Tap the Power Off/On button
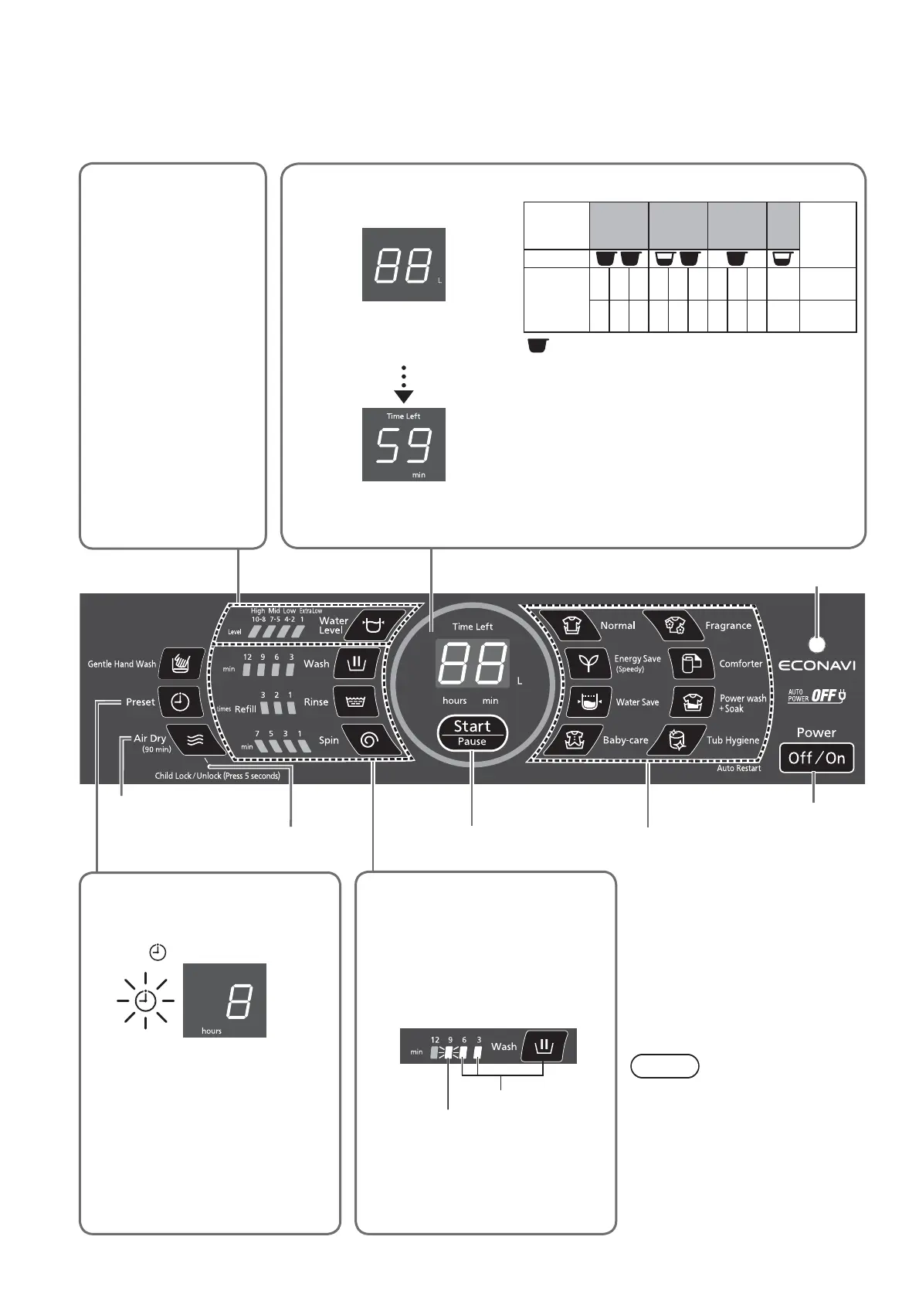point(816,758)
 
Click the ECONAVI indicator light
point(817,644)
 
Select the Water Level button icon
point(374,624)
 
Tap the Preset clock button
point(180,701)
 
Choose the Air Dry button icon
point(196,740)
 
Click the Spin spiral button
point(369,740)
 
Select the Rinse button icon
point(356,701)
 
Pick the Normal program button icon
point(571,625)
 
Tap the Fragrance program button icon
point(675,625)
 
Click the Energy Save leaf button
point(588,663)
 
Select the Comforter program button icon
point(691,663)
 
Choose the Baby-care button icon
point(572,739)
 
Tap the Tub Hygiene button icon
point(677,739)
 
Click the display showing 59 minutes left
point(404,445)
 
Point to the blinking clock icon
point(145,1001)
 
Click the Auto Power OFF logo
point(816,695)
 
